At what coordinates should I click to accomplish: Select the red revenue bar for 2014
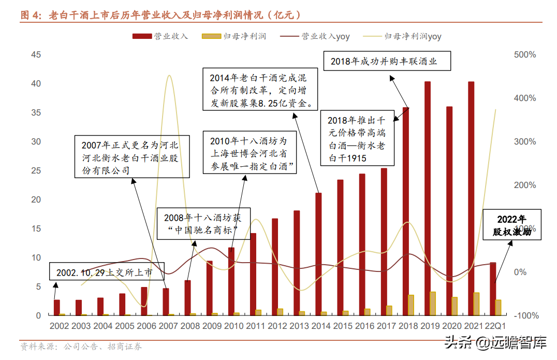318,254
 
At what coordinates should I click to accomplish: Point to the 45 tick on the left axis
36,54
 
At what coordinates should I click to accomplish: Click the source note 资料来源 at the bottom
80,347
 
